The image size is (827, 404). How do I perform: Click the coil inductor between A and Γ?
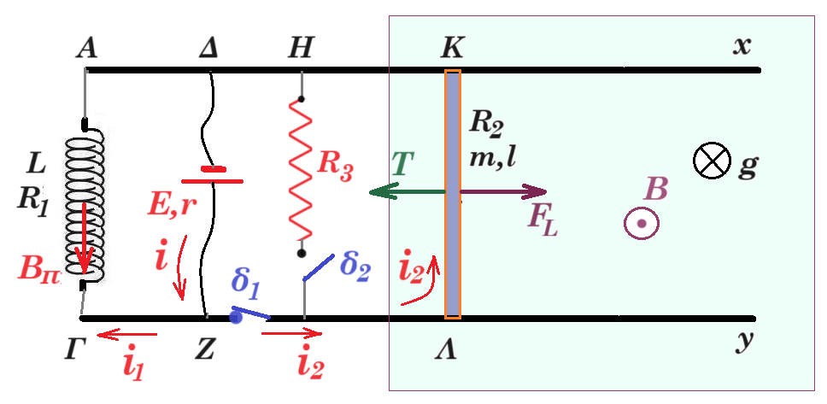click(85, 206)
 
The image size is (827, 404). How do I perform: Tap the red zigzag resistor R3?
click(302, 174)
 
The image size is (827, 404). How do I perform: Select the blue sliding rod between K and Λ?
click(453, 194)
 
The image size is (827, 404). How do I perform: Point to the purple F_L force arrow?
click(504, 192)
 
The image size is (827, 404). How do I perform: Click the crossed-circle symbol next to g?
click(712, 161)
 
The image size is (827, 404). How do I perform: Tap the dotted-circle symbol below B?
click(642, 223)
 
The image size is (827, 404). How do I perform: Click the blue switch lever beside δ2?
click(319, 267)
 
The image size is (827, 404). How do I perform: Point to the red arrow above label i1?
click(127, 334)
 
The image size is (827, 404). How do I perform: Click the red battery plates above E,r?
click(212, 176)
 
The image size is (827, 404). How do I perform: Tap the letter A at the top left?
click(86, 49)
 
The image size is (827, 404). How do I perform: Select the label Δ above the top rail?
click(208, 49)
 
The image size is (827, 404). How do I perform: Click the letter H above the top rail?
click(300, 49)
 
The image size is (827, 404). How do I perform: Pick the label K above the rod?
click(452, 49)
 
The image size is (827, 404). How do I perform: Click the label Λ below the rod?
click(446, 350)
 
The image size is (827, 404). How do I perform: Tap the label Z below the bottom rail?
click(205, 350)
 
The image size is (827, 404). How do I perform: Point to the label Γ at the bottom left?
click(74, 350)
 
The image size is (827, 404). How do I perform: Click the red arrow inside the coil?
click(84, 239)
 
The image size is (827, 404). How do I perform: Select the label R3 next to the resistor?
click(335, 168)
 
